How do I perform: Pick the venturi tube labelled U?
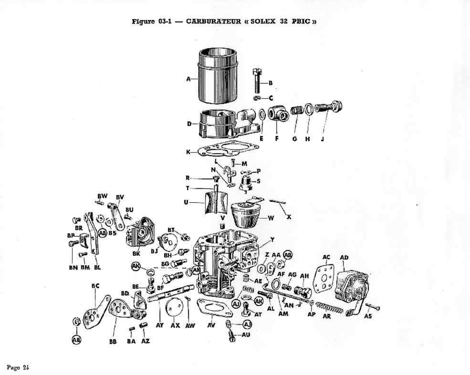(x=216, y=202)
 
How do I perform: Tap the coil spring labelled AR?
(x=329, y=308)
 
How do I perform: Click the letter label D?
(x=189, y=124)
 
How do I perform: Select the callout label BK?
(x=136, y=254)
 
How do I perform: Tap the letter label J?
(x=322, y=139)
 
